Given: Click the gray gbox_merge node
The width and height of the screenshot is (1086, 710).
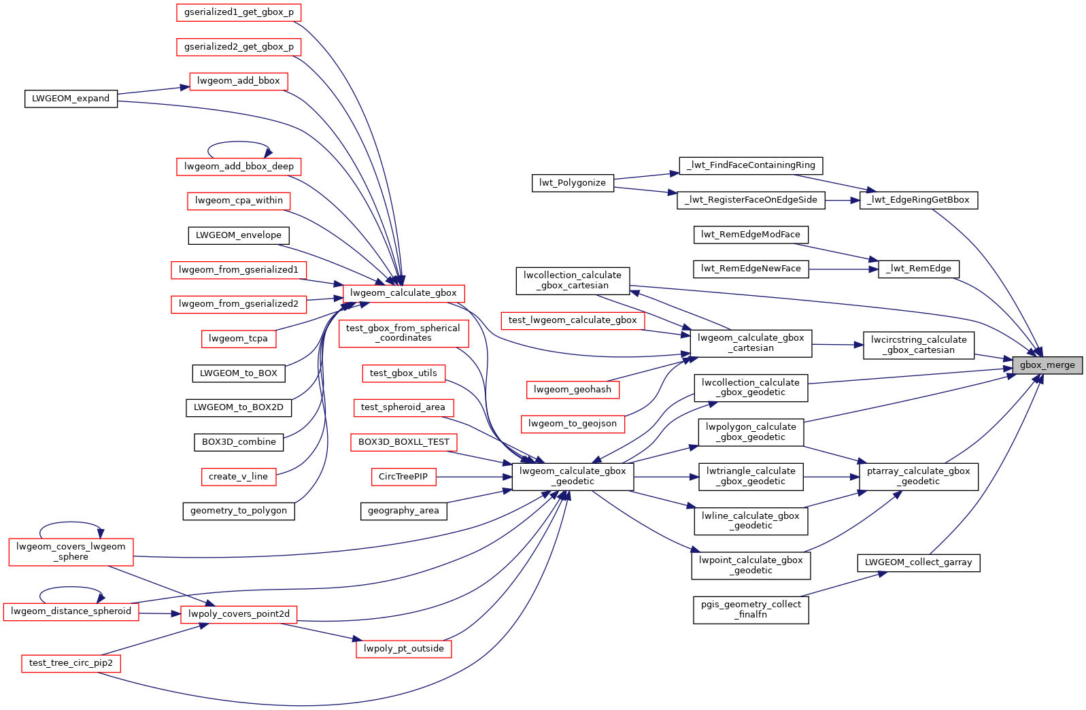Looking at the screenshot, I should pos(1047,365).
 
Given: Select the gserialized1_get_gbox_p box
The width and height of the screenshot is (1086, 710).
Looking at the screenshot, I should pos(239,12).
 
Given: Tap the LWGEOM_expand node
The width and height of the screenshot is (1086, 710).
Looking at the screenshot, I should pos(71,99).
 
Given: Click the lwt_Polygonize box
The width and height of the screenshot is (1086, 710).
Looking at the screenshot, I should pos(573,183).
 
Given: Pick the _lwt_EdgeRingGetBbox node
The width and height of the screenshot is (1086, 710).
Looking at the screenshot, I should pos(919,200).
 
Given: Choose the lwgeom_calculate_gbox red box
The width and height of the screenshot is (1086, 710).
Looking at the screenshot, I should pos(403,293).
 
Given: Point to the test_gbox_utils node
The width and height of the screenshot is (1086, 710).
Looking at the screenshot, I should pos(403,373).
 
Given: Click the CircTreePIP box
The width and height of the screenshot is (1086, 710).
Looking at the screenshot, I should pos(403,477).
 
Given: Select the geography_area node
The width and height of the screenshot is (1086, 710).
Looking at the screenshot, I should pos(403,511).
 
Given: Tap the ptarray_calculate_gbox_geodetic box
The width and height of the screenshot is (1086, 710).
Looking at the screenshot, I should pos(919,476).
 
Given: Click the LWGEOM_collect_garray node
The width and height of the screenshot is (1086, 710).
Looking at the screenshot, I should pos(919,562).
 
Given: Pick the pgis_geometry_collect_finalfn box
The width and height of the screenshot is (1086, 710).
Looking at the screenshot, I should pos(751,609).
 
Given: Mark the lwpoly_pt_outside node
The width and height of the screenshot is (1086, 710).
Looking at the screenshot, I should pos(403,649).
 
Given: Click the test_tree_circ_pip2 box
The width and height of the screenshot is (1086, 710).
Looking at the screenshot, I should pos(71,663).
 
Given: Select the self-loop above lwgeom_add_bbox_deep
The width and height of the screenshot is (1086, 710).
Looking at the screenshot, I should pos(239,142).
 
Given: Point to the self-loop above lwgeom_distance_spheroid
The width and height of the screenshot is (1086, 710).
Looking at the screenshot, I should pos(71,588).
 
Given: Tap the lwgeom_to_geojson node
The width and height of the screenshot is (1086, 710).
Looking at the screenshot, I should pos(573,424).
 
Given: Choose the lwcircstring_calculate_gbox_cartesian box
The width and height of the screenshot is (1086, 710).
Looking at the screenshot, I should pos(919,345).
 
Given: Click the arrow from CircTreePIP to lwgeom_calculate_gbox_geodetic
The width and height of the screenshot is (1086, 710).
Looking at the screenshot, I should pos(473,477).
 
